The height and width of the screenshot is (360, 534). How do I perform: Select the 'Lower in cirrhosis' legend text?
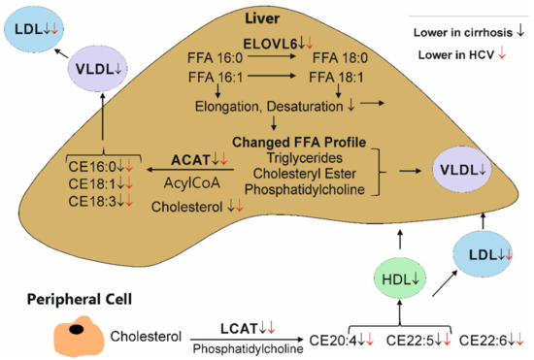click(x=460, y=32)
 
